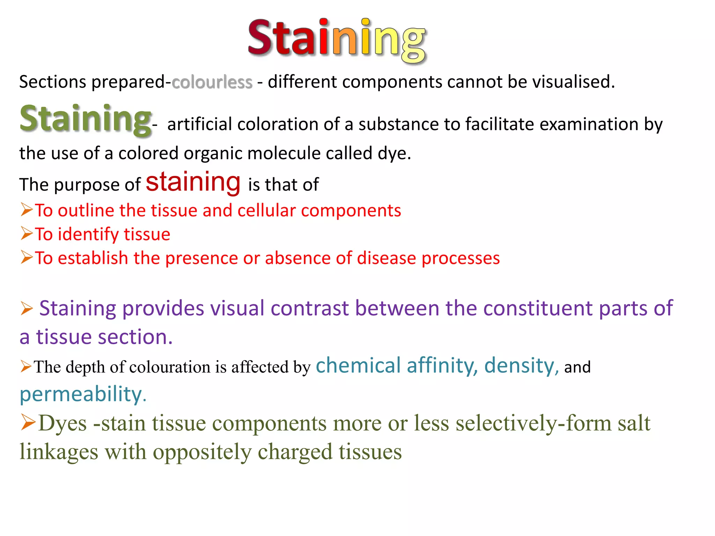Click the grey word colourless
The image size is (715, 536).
tap(212, 82)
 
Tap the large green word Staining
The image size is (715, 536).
tap(86, 119)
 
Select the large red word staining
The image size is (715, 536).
tap(193, 182)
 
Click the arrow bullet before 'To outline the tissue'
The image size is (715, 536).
tap(27, 210)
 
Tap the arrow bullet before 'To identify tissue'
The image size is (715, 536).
tap(27, 233)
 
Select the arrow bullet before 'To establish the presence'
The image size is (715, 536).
tap(27, 257)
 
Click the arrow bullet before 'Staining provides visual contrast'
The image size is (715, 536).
tap(27, 308)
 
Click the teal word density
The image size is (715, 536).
tap(521, 366)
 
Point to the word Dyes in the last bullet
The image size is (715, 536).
tap(62, 423)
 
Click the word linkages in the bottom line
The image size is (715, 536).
tap(59, 452)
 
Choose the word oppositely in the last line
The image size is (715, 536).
tap(202, 452)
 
